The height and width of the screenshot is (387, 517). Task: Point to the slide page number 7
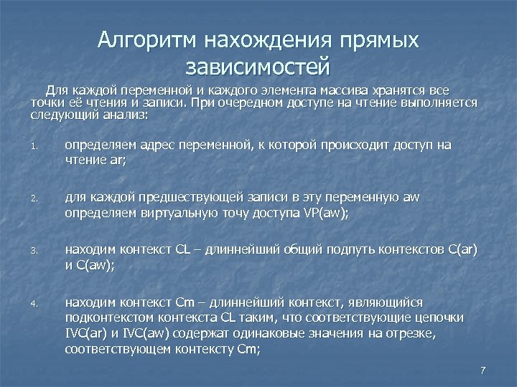(x=483, y=370)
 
